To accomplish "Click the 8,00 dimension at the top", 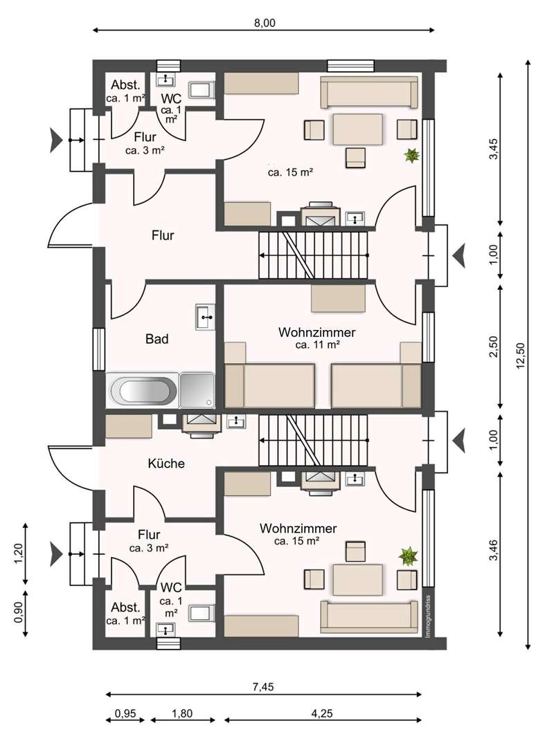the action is click(265, 22).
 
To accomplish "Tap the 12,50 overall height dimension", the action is click(520, 355).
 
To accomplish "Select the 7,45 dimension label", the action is click(263, 687).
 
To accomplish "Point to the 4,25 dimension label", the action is click(322, 713).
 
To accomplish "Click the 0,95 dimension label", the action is click(125, 713).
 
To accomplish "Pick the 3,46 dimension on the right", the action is click(494, 550).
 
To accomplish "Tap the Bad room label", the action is click(157, 339).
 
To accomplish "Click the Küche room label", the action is click(166, 464).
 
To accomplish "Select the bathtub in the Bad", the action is click(143, 390).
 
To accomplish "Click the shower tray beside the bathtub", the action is click(197, 390).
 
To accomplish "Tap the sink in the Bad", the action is click(206, 317).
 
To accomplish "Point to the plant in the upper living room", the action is click(411, 155).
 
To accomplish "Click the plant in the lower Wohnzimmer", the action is click(409, 556).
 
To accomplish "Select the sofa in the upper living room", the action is click(368, 92).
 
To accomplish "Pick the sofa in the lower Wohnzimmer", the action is click(368, 616).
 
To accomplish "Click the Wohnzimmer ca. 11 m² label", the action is click(317, 338).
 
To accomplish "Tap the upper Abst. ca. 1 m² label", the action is click(125, 91).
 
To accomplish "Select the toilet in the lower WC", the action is click(201, 613).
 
